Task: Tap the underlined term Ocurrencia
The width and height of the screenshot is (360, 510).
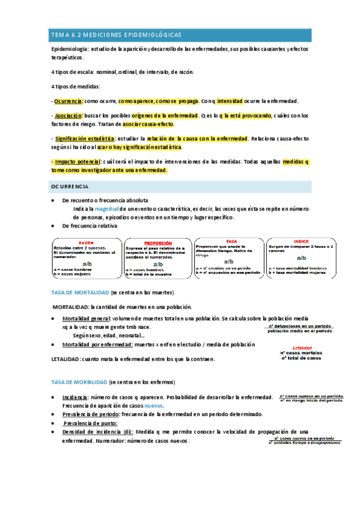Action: coord(68,100)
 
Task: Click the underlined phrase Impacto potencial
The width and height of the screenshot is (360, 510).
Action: coord(76,162)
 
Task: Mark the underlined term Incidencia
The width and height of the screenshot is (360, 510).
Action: coord(75,397)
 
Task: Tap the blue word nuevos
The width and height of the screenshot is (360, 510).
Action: coord(154,406)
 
